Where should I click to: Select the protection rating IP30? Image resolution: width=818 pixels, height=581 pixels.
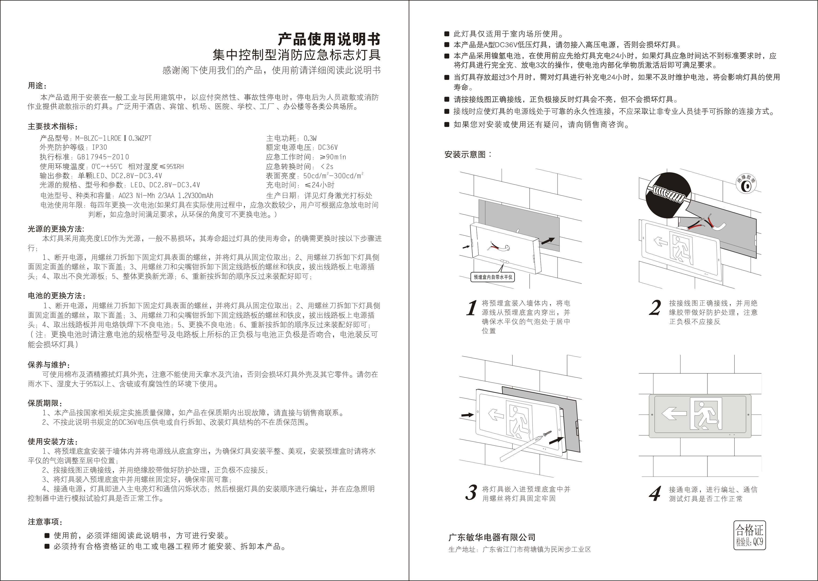click(99, 147)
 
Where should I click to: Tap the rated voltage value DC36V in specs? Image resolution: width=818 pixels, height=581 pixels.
click(328, 147)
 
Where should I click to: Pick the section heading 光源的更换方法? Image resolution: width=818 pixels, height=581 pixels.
click(56, 229)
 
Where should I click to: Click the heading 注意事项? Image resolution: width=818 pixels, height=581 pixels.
click(45, 522)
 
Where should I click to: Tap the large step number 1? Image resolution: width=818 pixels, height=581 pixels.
click(472, 308)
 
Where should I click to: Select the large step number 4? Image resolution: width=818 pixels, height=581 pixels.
click(655, 494)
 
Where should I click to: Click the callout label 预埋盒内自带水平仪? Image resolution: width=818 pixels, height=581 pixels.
click(493, 277)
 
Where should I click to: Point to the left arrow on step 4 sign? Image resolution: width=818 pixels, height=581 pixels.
click(674, 414)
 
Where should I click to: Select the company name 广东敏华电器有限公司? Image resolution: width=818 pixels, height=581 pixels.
click(492, 537)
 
